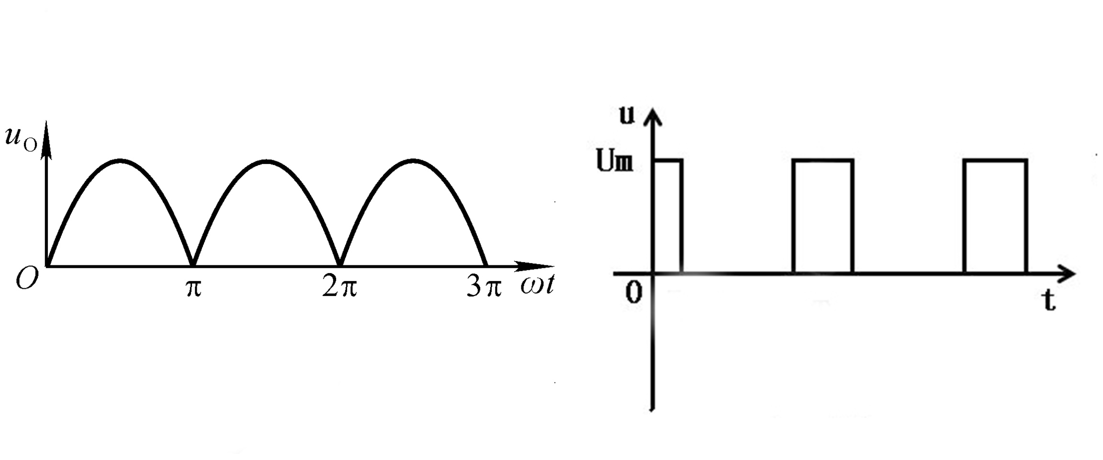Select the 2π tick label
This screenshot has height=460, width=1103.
[339, 287]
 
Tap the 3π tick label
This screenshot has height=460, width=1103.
[484, 287]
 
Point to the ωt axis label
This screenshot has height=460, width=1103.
[537, 285]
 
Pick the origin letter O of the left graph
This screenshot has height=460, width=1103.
[27, 278]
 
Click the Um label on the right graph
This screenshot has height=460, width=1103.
[615, 161]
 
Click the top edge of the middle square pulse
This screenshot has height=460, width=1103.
[822, 161]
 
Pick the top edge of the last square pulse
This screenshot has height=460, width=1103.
[995, 161]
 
